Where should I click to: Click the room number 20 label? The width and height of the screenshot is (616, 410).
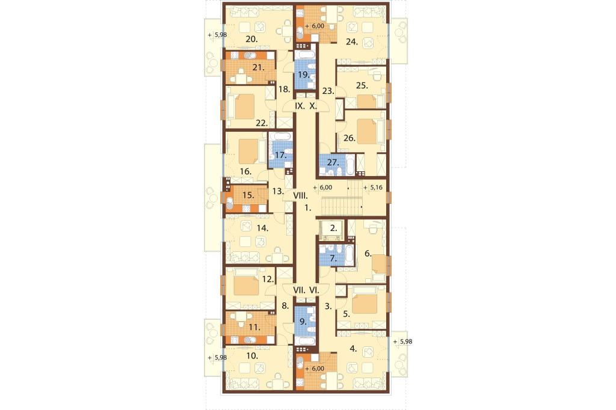(x=251, y=39)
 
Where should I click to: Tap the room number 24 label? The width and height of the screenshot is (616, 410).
(x=351, y=41)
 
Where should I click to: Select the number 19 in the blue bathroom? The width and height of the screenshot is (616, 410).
(x=304, y=75)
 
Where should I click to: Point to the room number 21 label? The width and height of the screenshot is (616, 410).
(x=258, y=67)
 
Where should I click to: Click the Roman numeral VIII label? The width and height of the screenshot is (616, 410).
(x=301, y=195)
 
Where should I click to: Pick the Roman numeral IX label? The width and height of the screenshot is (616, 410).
(x=300, y=106)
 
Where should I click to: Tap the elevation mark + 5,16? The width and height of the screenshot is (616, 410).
(x=373, y=188)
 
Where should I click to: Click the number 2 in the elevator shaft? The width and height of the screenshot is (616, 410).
(x=334, y=228)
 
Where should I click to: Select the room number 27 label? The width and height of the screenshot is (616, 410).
(x=333, y=162)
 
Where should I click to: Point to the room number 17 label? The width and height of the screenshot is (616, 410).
(x=280, y=155)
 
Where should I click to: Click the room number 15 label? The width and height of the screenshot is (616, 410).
(x=248, y=195)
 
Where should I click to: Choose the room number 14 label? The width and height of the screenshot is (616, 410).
(x=262, y=228)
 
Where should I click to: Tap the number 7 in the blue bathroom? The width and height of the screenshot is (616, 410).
(x=333, y=259)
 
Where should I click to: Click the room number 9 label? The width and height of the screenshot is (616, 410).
(x=303, y=322)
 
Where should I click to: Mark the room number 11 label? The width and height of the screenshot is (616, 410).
(x=254, y=326)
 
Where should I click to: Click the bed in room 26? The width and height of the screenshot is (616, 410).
(x=367, y=132)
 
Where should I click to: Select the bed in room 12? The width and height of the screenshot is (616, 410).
(x=246, y=285)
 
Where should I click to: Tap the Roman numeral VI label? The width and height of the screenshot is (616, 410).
(x=314, y=290)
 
